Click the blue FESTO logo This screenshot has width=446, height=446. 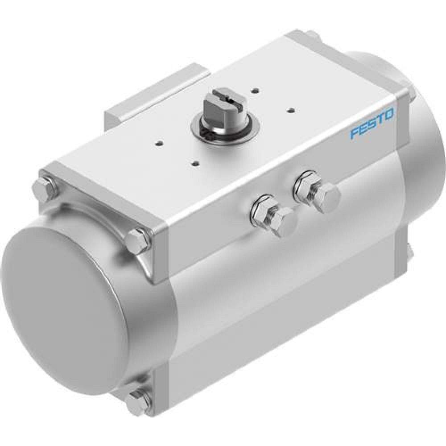click(372, 124)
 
